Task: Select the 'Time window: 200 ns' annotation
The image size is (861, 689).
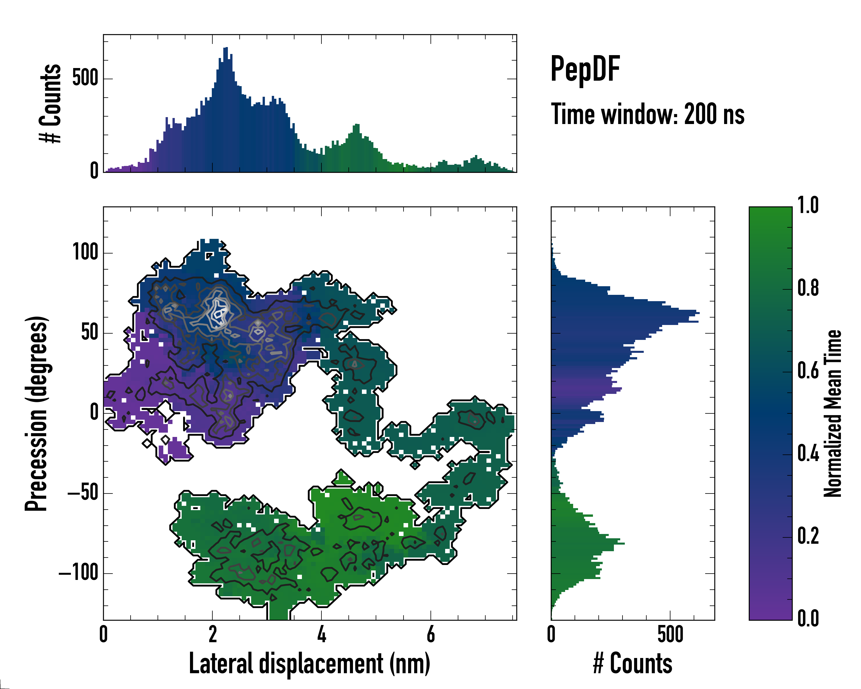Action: (x=647, y=114)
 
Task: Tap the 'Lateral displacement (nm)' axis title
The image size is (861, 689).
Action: (x=309, y=664)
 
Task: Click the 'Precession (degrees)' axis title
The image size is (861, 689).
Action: (x=37, y=413)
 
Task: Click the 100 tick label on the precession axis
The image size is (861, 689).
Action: (x=85, y=252)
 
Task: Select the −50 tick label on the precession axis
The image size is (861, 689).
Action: (x=83, y=493)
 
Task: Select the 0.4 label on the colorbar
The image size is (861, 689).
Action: (x=808, y=454)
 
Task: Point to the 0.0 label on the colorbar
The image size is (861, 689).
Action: (x=808, y=618)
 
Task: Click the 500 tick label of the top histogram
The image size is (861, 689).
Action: (x=85, y=78)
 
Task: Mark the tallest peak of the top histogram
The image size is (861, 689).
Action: (x=226, y=48)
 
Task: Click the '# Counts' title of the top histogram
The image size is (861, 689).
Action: (x=51, y=103)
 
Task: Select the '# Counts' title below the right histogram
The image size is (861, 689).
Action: (x=633, y=664)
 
